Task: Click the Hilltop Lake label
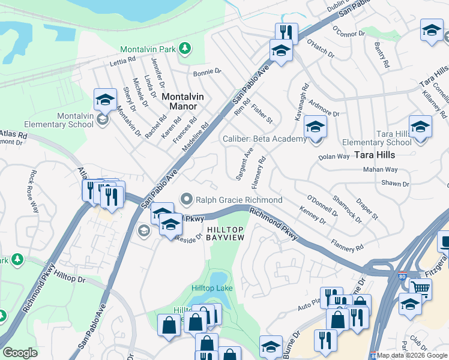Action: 211,289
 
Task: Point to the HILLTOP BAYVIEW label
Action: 225,234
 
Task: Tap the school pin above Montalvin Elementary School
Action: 105,100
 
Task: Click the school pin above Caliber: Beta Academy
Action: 315,127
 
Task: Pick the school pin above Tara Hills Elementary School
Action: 420,127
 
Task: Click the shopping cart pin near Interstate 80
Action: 420,289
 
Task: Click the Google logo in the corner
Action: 20,353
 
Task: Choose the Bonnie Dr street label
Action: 207,72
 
